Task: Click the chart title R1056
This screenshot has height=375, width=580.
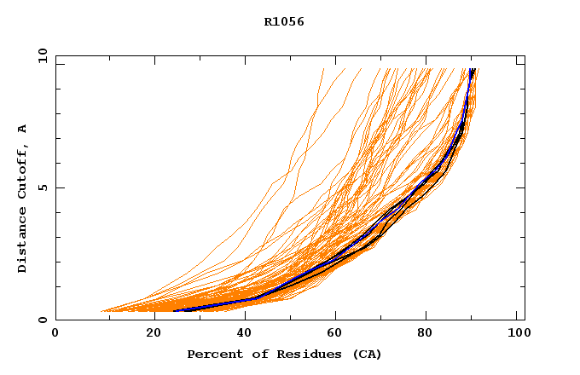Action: pos(284,21)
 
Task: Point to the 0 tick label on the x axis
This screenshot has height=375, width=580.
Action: pos(55,334)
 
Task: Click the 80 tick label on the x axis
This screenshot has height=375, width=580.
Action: pos(426,334)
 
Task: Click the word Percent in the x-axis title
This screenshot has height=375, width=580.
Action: pos(211,354)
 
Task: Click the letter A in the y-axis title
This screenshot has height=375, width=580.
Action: pos(22,129)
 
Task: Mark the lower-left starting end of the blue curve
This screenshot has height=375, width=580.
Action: pos(174,310)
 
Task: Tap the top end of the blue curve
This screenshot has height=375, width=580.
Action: pos(472,69)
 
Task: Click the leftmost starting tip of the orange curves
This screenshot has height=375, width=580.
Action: pos(101,311)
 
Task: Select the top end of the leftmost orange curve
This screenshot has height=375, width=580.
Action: pos(324,69)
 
